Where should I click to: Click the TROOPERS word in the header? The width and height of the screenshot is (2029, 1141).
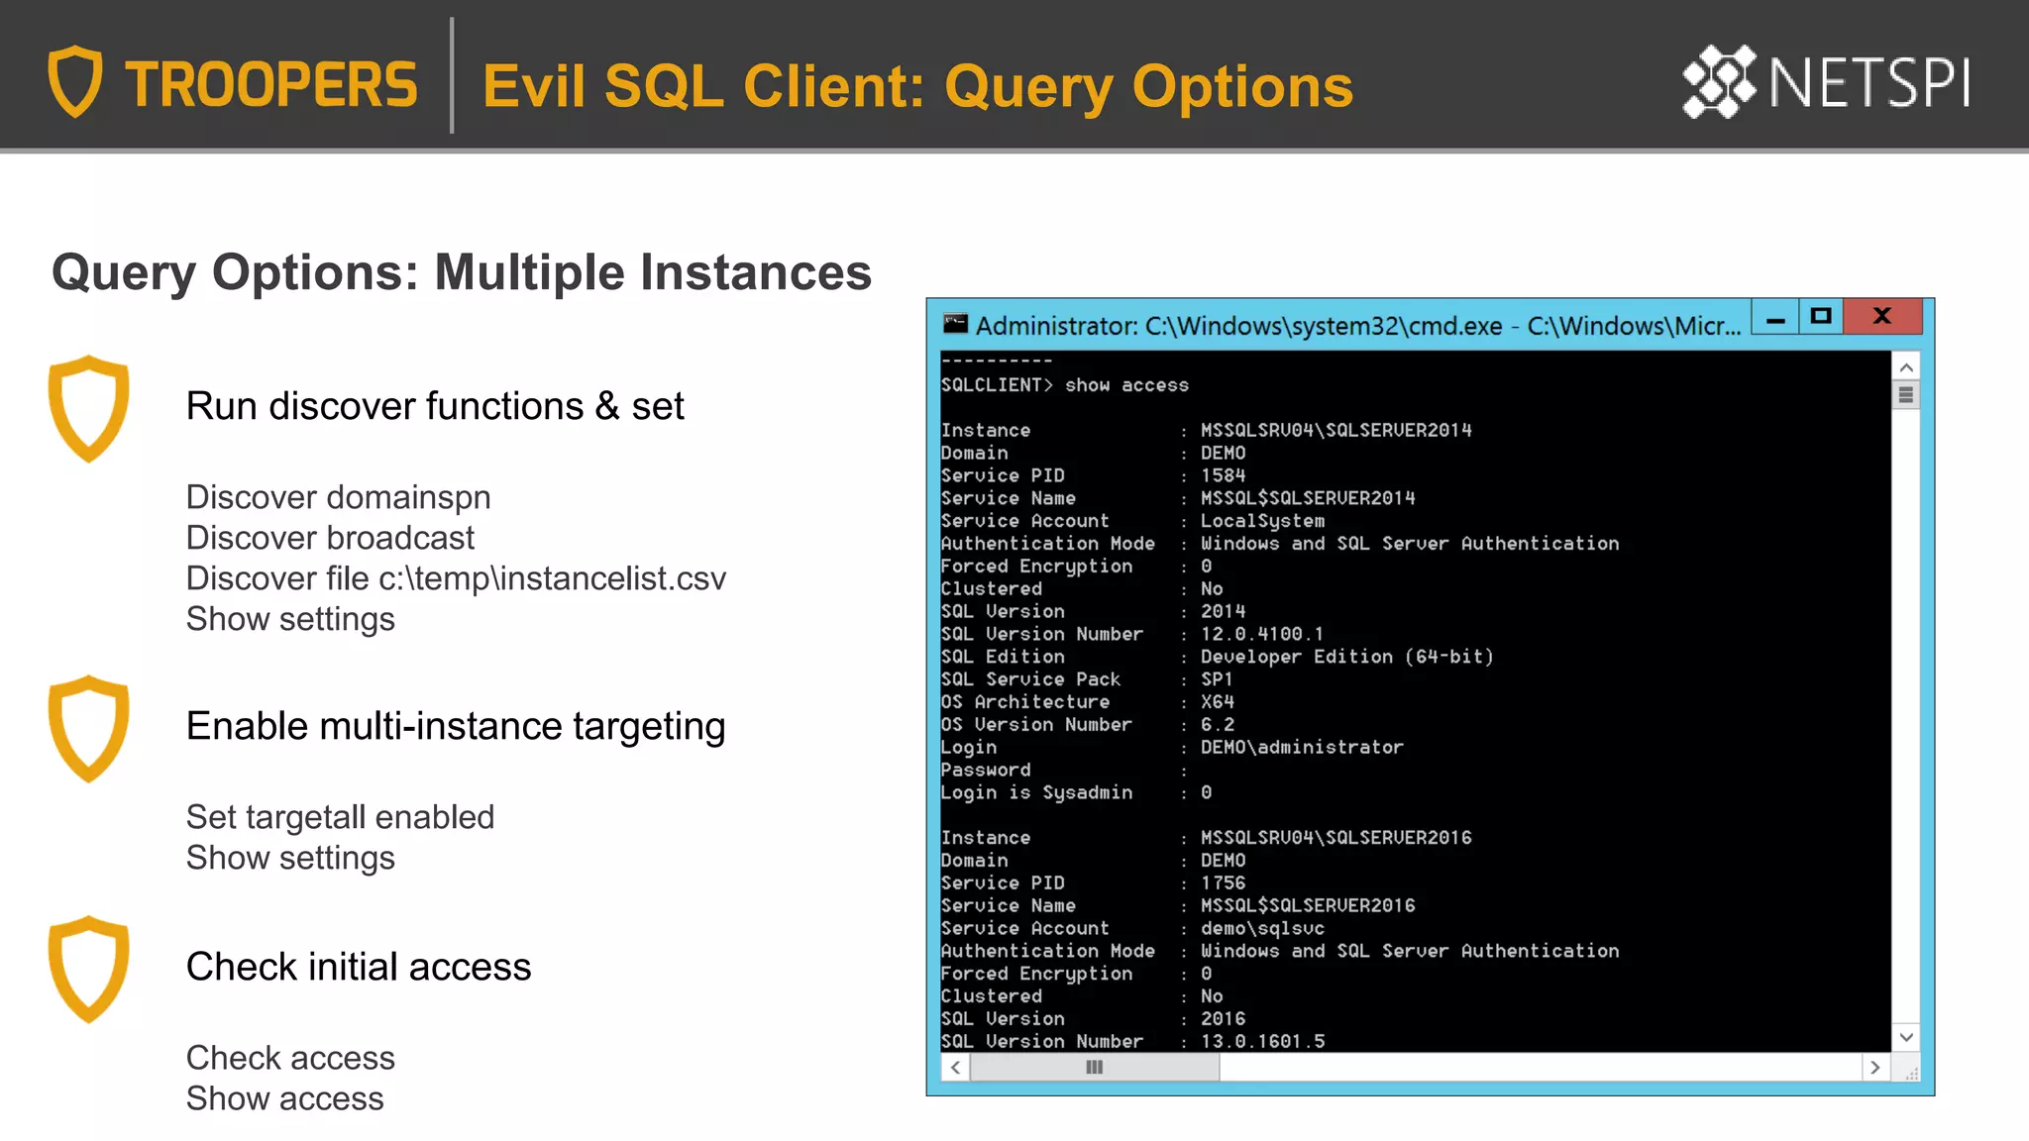[x=270, y=84]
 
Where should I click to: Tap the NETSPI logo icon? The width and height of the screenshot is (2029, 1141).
[x=1719, y=81]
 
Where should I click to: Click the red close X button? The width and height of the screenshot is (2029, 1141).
[x=1882, y=316]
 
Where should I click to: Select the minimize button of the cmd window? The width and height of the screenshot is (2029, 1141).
[x=1775, y=318]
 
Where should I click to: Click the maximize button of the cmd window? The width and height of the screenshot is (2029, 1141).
[x=1821, y=316]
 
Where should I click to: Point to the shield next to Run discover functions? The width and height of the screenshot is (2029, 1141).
[x=89, y=408]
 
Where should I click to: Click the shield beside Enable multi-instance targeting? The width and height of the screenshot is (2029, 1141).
[x=89, y=728]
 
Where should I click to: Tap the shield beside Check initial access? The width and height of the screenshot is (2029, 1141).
[x=89, y=969]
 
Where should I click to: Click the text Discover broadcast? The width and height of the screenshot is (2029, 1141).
[x=330, y=538]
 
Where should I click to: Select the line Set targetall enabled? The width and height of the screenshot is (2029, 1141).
[x=340, y=817]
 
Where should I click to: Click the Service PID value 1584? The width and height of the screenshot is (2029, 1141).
[x=1223, y=475]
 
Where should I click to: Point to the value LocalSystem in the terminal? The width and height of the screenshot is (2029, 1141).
[x=1262, y=521]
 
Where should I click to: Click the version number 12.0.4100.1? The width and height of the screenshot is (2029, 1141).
[x=1261, y=634]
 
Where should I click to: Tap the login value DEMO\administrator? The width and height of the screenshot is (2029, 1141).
[x=1302, y=747]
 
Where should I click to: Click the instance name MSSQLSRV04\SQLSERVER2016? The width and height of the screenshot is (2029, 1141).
[x=1335, y=838]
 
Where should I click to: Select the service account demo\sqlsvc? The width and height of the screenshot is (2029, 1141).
[x=1262, y=928]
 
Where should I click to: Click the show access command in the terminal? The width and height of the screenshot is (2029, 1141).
[x=1126, y=385]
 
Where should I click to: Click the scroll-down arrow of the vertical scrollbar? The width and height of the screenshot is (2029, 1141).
[x=1905, y=1037]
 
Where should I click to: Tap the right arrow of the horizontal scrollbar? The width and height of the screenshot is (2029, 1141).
[x=1874, y=1068]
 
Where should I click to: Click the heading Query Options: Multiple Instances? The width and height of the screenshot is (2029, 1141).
[x=462, y=272]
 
